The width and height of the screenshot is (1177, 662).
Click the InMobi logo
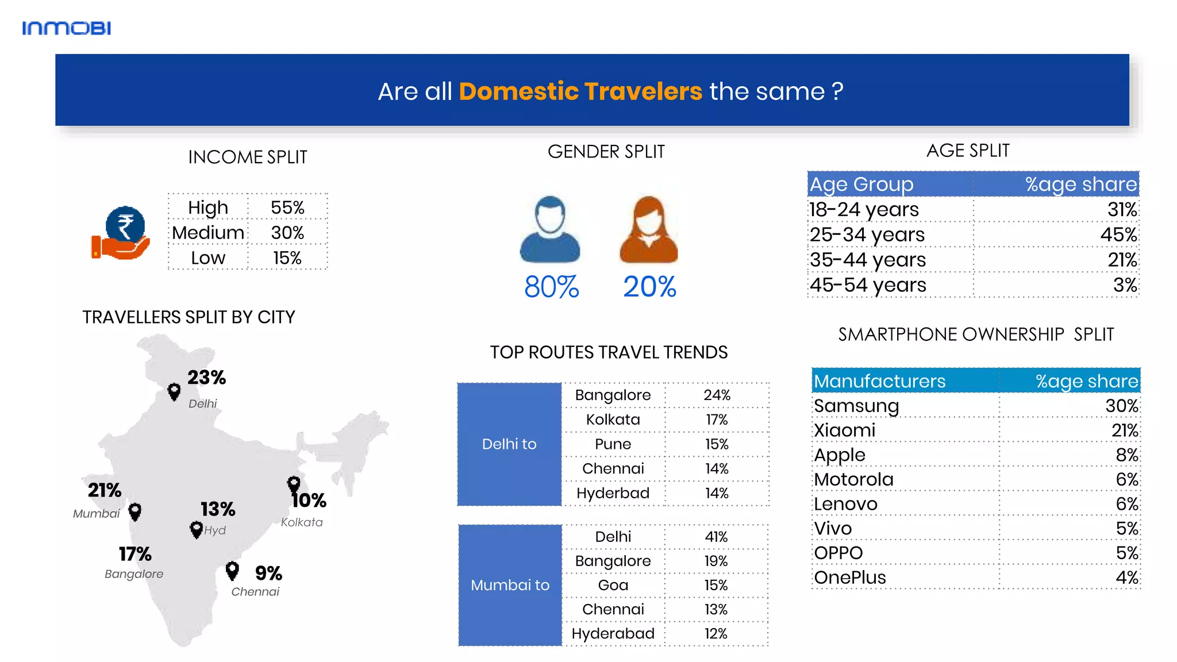pos(66,28)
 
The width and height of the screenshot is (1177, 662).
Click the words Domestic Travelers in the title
pos(580,91)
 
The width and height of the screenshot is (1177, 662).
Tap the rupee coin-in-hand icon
pos(121,233)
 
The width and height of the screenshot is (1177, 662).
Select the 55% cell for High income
pos(287,207)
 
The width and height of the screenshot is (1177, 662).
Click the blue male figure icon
pos(549,230)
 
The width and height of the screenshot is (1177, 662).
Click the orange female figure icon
pos(648,230)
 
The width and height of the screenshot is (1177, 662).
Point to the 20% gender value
pos(649,286)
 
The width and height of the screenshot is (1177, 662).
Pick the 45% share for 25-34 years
pos(1118,234)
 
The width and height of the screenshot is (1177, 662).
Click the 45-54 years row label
pos(868,285)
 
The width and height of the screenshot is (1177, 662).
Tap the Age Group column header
pos(861,184)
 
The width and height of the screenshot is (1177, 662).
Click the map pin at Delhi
pos(174,392)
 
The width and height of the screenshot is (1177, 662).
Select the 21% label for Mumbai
pos(104,490)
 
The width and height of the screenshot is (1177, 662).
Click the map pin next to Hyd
pos(196,529)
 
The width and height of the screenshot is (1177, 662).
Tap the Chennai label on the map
pos(255,592)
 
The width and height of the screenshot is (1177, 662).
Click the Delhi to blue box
pos(509,444)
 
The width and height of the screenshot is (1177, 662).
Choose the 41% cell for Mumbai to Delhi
pos(716,537)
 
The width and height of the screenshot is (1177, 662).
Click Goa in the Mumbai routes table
pos(613,585)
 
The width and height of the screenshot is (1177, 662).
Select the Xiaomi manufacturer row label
pos(845,430)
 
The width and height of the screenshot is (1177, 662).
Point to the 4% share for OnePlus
pos(1126,578)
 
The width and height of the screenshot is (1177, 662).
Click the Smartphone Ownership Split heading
pos(975,334)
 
